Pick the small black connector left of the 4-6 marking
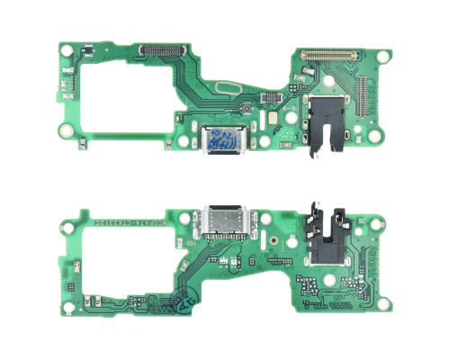pyautogui.click(x=268, y=95)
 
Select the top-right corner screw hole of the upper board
pyautogui.click(x=382, y=56)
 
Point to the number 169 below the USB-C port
pyautogui.click(x=220, y=241)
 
